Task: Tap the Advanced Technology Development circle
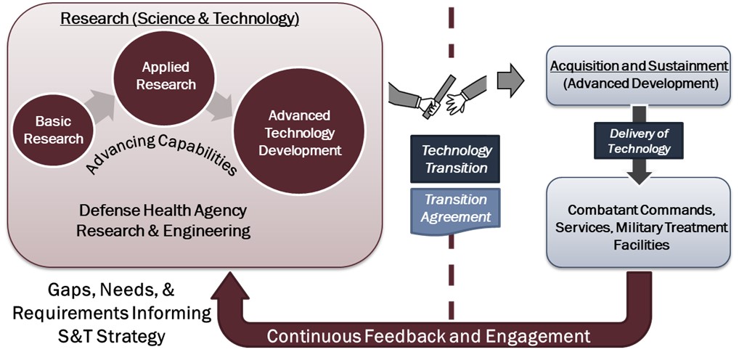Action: click(x=299, y=133)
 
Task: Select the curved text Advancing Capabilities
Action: click(x=161, y=152)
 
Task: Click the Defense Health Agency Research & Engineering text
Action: click(x=164, y=221)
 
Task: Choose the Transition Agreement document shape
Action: click(x=457, y=208)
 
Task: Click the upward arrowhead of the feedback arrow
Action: click(x=228, y=286)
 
